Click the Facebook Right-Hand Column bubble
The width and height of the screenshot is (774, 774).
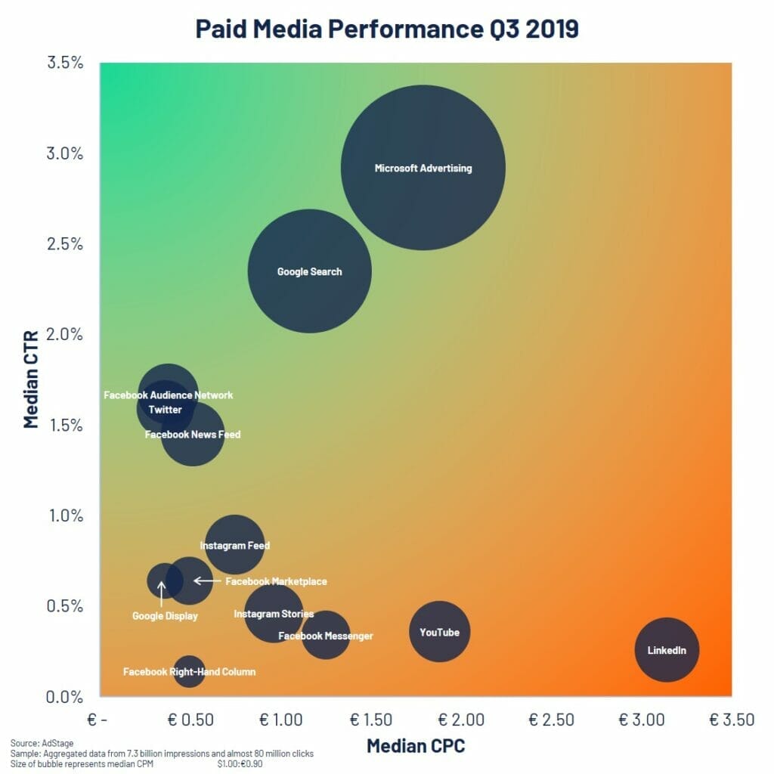pos(189,671)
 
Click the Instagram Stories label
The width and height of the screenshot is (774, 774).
pos(274,614)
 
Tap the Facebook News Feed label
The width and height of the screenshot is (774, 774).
pos(193,435)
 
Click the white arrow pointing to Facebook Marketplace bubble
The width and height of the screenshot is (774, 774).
pos(206,580)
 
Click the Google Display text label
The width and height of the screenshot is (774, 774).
pos(165,616)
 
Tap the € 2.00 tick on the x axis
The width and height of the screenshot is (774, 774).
pos(460,719)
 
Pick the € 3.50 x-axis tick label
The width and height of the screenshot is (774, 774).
pos(731,719)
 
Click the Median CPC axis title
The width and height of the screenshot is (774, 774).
pos(416,746)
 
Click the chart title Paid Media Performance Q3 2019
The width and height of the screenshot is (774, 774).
pos(387,29)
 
